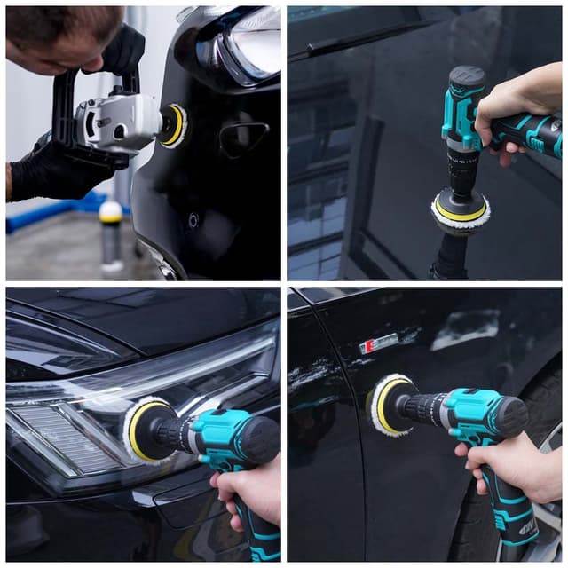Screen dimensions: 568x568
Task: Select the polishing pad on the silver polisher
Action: (173, 125)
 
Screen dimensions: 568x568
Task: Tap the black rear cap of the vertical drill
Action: (467, 77)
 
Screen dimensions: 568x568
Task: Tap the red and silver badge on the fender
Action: (379, 343)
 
